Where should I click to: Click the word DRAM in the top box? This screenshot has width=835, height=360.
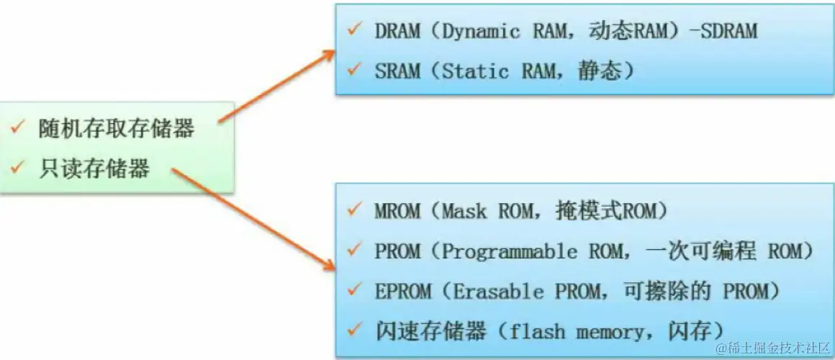tap(397, 32)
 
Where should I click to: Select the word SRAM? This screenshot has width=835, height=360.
tap(397, 71)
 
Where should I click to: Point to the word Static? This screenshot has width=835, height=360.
tap(474, 71)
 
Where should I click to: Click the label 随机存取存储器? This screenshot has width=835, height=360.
tap(116, 130)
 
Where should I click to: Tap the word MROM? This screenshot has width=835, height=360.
tap(397, 212)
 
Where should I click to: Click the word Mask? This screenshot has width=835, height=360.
tap(464, 212)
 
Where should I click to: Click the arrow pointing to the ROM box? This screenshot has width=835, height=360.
tap(252, 220)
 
